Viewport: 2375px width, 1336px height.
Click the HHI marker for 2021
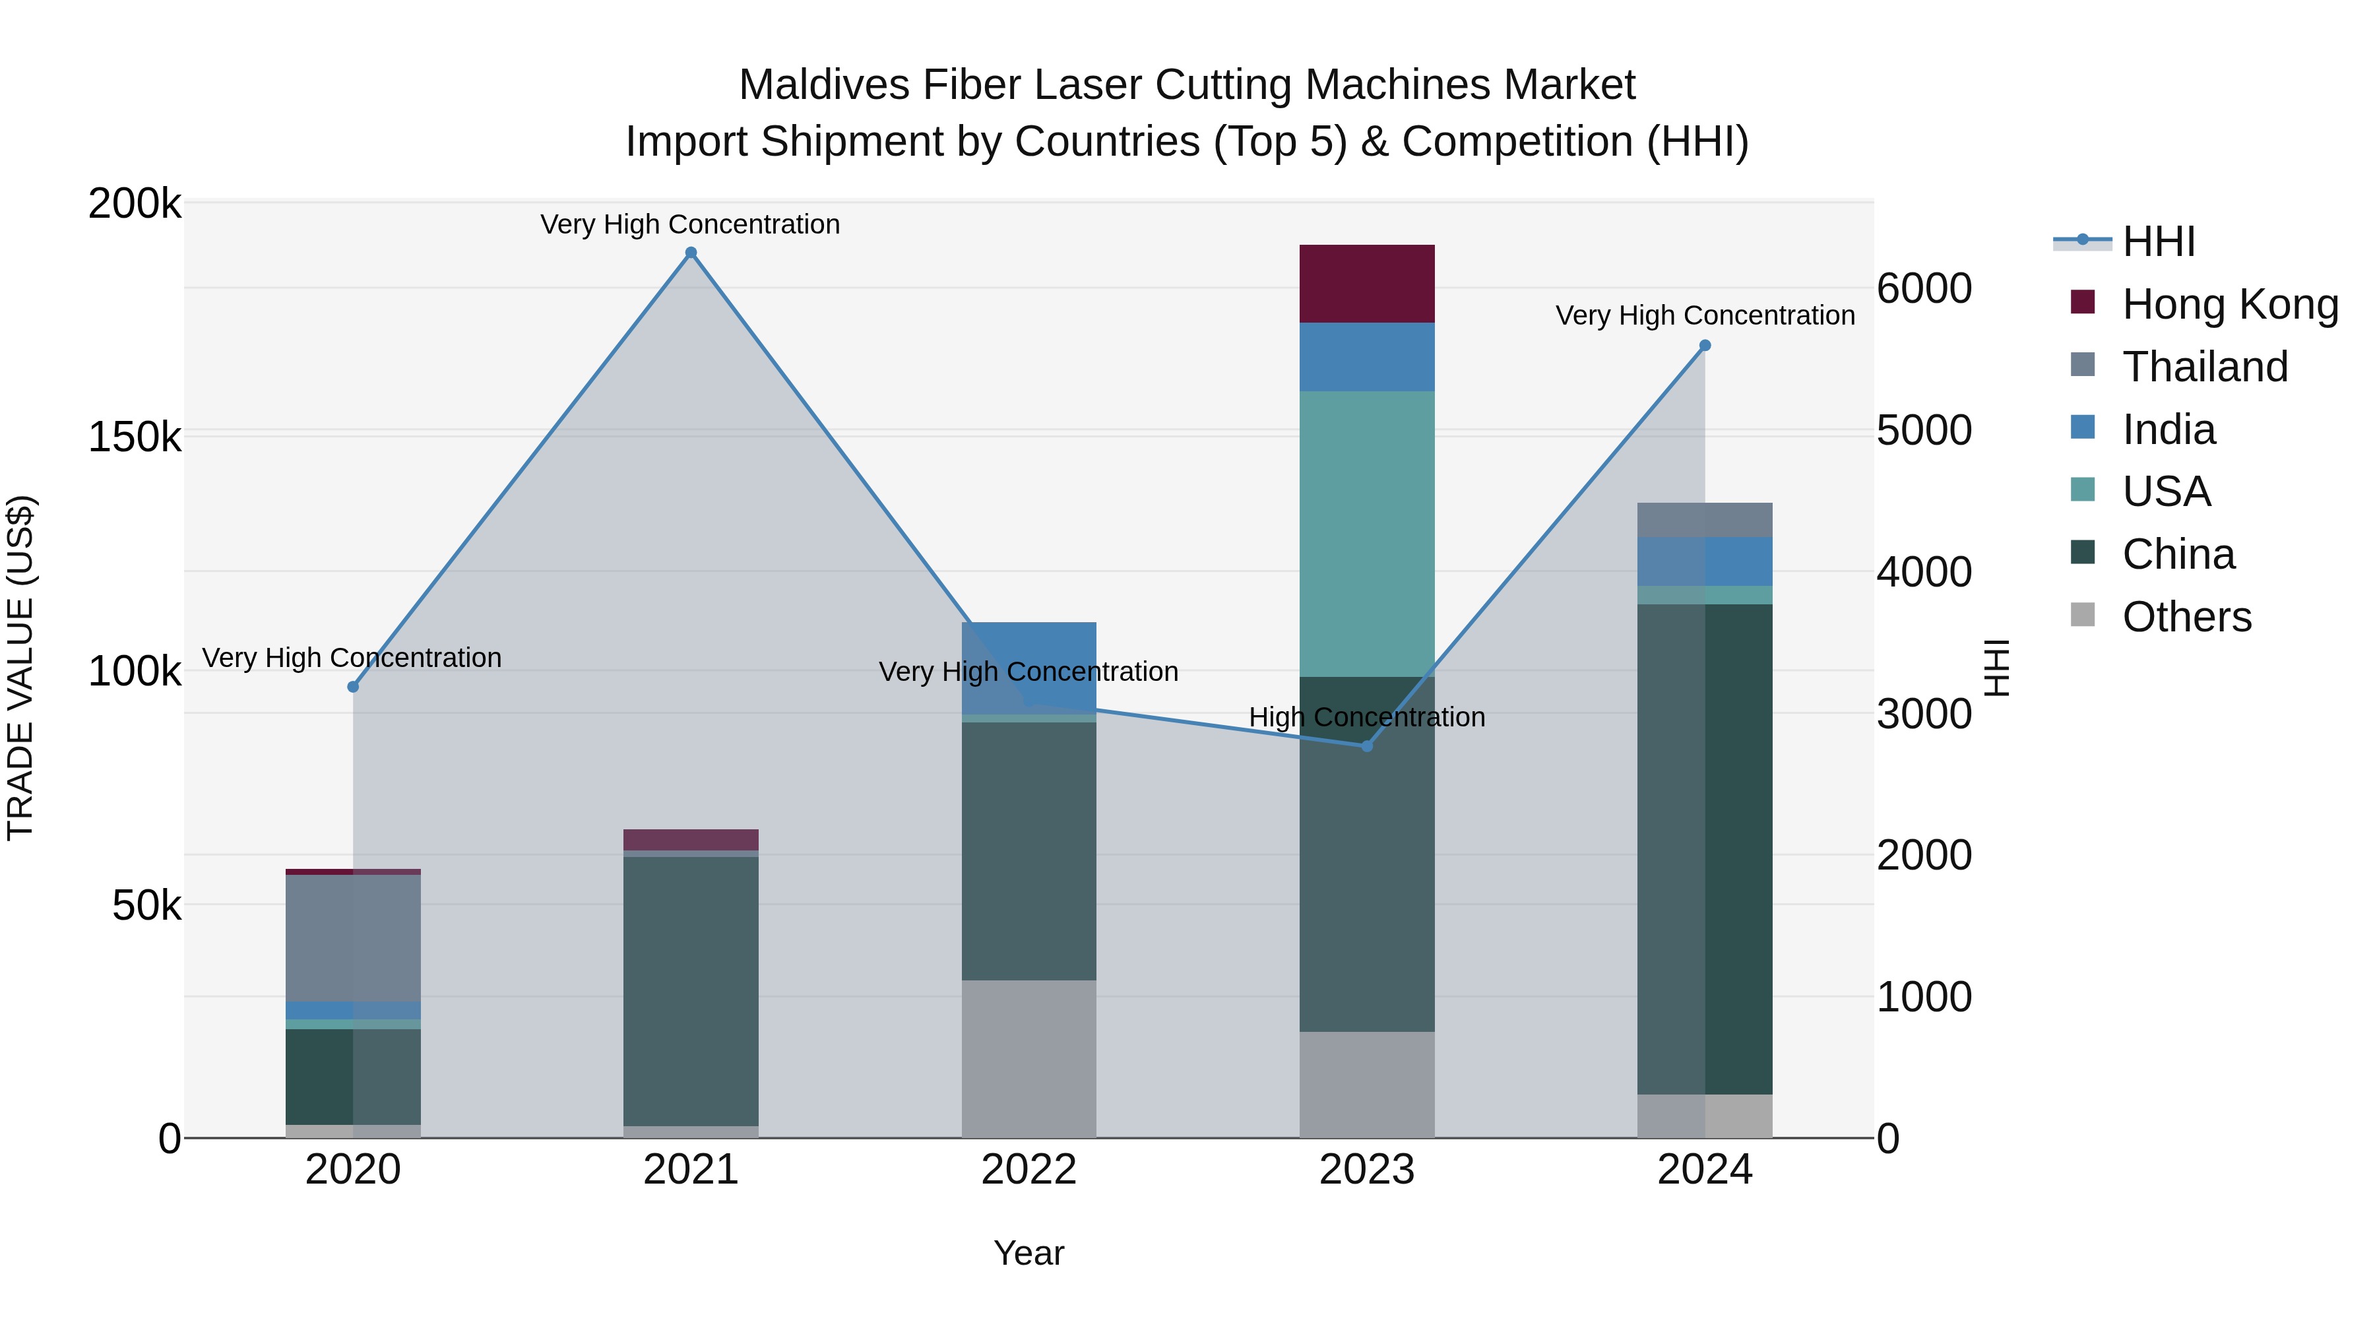691,253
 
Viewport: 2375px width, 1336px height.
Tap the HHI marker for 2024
1705,346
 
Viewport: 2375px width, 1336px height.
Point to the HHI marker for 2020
353,687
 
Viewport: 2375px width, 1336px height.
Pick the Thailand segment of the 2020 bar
353,938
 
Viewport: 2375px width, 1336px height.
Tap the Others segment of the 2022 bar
1029,1058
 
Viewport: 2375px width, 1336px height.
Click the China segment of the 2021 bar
691,991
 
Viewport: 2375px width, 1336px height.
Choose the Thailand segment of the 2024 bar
1705,520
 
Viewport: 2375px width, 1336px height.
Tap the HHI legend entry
2157,241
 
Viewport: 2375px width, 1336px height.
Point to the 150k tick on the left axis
135,437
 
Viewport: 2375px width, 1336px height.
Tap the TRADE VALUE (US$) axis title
20,668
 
